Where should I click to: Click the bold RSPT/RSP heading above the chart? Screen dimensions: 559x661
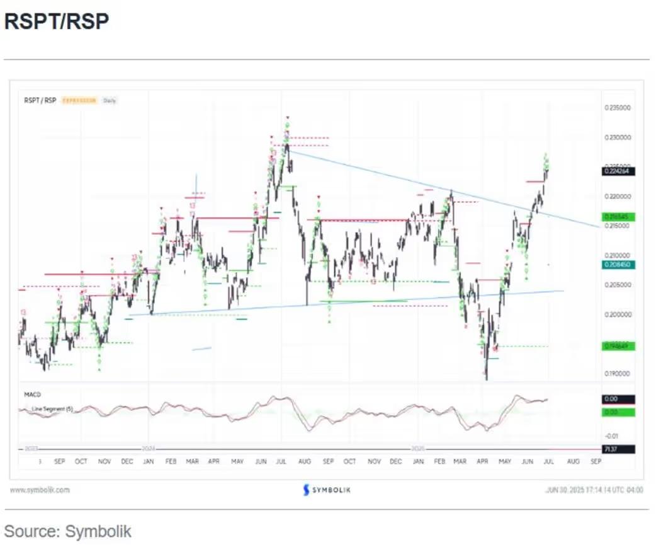(57, 22)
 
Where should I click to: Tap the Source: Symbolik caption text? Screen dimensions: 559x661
(68, 531)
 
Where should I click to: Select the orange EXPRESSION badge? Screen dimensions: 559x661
(79, 100)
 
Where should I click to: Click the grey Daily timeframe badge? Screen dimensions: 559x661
(110, 100)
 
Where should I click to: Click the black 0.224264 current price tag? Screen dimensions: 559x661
(618, 171)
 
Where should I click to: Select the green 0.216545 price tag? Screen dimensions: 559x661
(618, 217)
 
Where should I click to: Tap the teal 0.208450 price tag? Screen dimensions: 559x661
(618, 265)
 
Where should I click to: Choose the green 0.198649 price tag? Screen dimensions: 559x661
(618, 346)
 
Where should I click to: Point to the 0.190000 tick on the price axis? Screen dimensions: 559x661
(616, 374)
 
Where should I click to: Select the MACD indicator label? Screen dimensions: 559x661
(32, 395)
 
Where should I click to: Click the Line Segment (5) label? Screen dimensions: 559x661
(53, 409)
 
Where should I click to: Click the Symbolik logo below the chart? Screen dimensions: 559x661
(326, 490)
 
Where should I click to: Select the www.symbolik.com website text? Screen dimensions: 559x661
(40, 490)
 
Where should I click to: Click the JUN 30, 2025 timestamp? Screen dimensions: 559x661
(594, 490)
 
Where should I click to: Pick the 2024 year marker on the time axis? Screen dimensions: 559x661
(148, 449)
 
